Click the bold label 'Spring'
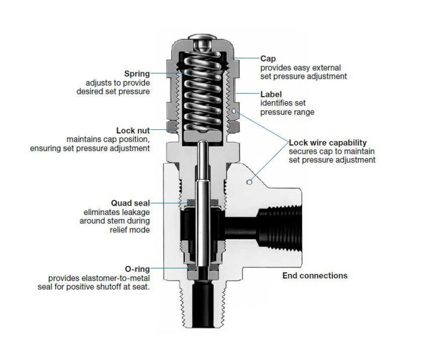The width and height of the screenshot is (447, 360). tap(137, 74)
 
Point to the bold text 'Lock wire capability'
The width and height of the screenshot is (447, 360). tap(328, 143)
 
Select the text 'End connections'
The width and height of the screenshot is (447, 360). tap(314, 276)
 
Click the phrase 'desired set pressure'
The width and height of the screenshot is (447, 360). tap(113, 92)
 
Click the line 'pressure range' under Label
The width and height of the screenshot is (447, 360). tap(287, 112)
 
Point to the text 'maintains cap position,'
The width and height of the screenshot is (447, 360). tap(108, 140)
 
